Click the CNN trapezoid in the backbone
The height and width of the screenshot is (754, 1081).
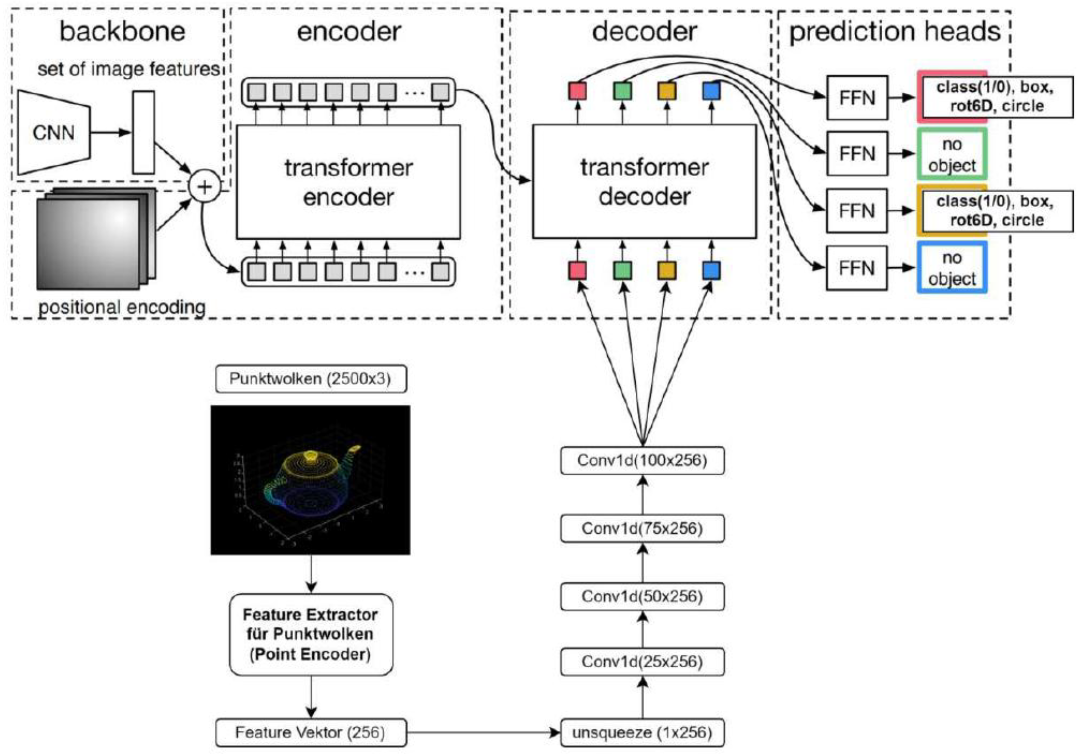click(53, 133)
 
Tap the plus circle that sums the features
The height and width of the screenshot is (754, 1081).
click(204, 186)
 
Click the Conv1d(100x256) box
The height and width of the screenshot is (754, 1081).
click(642, 460)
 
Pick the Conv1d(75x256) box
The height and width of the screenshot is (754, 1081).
click(642, 528)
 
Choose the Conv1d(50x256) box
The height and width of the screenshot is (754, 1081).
click(642, 596)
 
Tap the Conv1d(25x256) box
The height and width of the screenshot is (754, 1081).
click(642, 662)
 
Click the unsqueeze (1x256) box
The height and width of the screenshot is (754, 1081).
click(642, 733)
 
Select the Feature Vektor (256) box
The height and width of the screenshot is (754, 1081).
click(311, 733)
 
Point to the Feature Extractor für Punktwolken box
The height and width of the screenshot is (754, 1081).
click(311, 634)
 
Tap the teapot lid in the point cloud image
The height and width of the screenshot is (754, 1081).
click(311, 456)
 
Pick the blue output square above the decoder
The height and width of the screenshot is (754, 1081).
click(711, 90)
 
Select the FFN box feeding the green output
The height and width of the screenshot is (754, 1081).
click(857, 154)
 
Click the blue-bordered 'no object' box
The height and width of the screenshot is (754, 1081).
click(952, 267)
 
